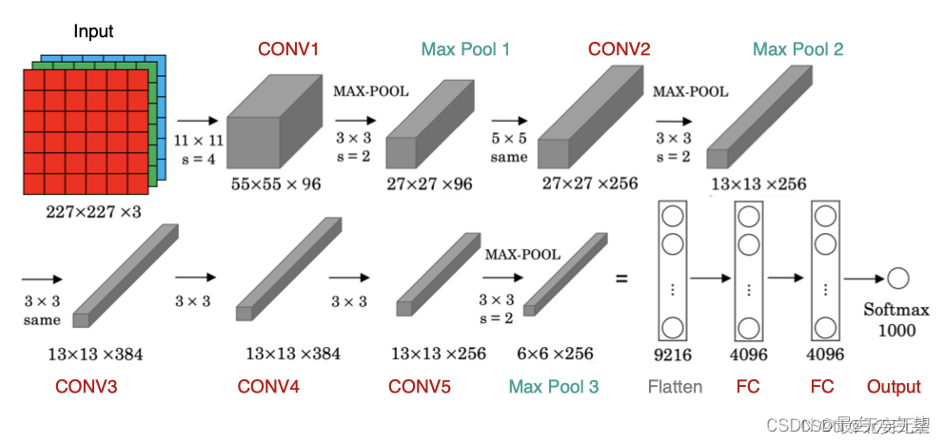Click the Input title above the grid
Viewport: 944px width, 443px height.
[x=93, y=31]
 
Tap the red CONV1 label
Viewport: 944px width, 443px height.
[x=288, y=48]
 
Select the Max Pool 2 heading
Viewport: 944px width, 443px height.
[x=797, y=48]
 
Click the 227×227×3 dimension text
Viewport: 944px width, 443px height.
[x=93, y=212]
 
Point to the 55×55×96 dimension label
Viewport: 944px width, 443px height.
[x=276, y=183]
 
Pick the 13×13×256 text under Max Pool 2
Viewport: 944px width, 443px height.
[x=757, y=183]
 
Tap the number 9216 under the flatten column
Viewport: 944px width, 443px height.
[x=674, y=356]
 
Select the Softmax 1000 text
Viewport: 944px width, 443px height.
[x=895, y=320]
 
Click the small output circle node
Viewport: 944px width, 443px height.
[x=897, y=279]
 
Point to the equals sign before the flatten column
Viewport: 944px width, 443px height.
[x=621, y=279]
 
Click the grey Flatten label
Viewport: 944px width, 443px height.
[x=675, y=387]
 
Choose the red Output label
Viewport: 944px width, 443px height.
[x=894, y=387]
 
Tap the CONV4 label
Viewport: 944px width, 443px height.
[x=269, y=387]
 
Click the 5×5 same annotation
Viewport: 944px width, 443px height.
[x=509, y=148]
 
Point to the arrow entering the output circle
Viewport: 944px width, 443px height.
[x=862, y=279]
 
